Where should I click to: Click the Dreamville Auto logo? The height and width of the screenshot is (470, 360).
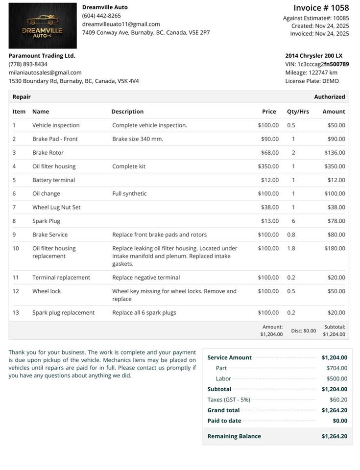point(43,25)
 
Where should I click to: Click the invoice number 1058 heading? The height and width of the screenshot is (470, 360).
point(321,8)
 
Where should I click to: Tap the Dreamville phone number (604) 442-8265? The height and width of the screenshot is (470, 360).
point(101,16)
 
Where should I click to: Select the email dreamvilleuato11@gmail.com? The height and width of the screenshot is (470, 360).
point(121,24)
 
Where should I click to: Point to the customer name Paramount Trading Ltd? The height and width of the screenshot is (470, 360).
point(42,56)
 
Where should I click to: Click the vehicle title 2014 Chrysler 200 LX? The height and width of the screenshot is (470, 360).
point(314,56)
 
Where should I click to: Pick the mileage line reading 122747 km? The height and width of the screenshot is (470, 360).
point(311,72)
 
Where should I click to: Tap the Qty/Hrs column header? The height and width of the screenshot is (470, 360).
point(298,112)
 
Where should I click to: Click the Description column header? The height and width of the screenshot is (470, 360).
point(127,112)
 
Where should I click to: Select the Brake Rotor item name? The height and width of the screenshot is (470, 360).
point(48,153)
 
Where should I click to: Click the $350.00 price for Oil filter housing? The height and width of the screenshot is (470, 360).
point(268,166)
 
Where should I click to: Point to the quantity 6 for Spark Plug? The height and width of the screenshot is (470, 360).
point(293,221)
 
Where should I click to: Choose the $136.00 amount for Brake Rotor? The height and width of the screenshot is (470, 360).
point(335,153)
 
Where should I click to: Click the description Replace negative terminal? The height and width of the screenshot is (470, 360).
point(146,278)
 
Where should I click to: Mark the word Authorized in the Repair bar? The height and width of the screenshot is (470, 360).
point(329,97)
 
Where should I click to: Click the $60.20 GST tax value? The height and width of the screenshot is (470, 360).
point(338,400)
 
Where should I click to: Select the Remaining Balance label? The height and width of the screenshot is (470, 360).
point(234,436)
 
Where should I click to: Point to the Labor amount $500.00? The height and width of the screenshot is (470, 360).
point(336,379)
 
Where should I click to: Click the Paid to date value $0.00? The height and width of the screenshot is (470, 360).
point(339,421)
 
